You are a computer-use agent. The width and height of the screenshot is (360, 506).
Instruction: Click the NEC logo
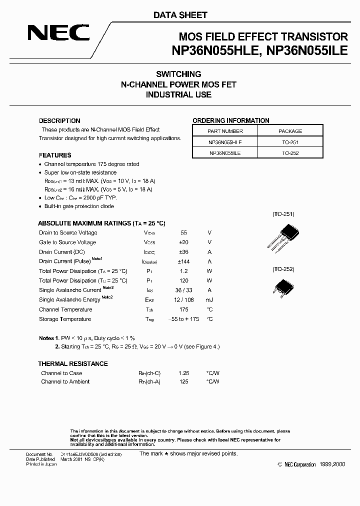point(58,32)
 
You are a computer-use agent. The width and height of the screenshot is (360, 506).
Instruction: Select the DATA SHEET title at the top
point(180,15)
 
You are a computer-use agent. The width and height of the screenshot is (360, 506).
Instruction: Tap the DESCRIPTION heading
point(59,121)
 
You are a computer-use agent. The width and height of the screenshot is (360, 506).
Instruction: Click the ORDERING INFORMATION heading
point(231,120)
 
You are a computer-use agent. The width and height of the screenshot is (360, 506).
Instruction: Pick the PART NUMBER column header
point(225,131)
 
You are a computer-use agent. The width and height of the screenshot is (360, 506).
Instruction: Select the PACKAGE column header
point(290,131)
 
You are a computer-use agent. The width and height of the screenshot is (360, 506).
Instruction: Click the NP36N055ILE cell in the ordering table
point(225,153)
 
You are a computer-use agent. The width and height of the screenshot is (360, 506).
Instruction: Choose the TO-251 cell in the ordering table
point(290,142)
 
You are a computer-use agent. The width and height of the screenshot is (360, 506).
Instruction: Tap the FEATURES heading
point(55,155)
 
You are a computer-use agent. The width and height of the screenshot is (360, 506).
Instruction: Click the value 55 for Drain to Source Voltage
point(183,233)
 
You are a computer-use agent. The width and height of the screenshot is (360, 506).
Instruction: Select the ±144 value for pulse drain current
point(183,261)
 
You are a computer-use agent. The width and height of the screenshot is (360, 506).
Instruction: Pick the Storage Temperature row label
point(65,319)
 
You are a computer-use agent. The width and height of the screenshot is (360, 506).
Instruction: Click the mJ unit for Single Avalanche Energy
point(209,300)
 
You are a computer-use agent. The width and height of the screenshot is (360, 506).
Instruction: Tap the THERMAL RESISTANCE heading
point(73,363)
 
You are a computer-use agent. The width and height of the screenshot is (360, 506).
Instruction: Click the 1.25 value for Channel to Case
point(183,373)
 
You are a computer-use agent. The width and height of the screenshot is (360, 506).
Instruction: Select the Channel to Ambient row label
point(65,382)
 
